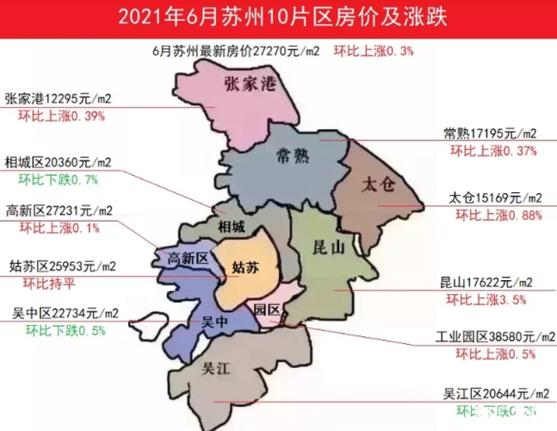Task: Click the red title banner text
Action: pos(278,16)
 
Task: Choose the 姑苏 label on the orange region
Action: pos(245,268)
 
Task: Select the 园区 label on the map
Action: pos(265,309)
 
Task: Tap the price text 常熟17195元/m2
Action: pos(490,134)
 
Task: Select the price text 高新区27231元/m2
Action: pos(60,210)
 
